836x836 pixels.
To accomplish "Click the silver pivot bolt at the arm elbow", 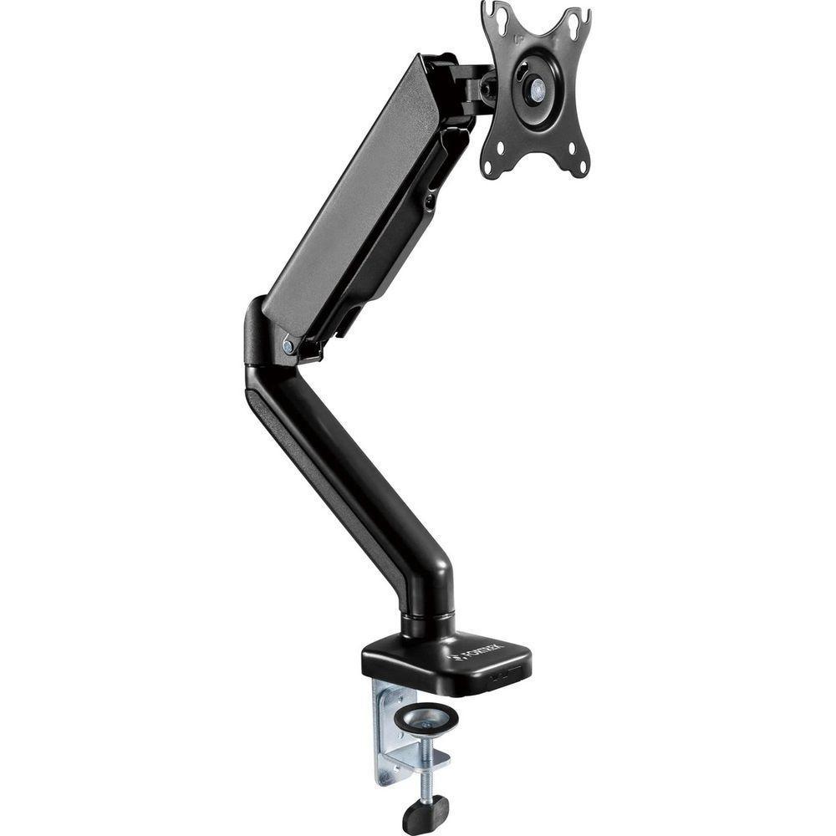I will point(288,344).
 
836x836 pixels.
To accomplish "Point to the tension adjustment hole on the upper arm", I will point(429,201).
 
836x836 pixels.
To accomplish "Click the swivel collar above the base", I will point(428,623).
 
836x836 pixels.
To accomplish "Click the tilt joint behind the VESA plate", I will point(477,88).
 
